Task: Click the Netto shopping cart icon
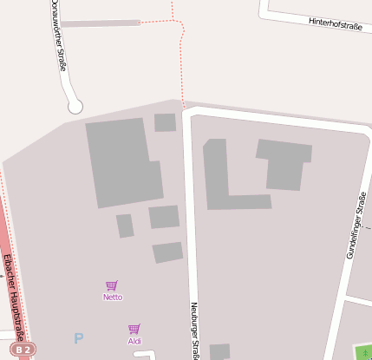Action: [112, 285]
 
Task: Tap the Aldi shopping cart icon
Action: [134, 329]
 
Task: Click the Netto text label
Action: [113, 297]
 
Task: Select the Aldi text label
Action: [134, 341]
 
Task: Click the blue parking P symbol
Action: [79, 338]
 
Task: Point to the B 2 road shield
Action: [24, 350]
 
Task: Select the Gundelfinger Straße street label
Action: [349, 231]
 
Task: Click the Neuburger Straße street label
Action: [194, 330]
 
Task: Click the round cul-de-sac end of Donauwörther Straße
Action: [75, 107]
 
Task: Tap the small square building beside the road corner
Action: [165, 122]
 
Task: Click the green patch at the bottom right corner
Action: [363, 353]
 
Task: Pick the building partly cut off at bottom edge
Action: [219, 351]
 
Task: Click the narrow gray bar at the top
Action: [100, 23]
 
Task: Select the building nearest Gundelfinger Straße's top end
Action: [284, 164]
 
